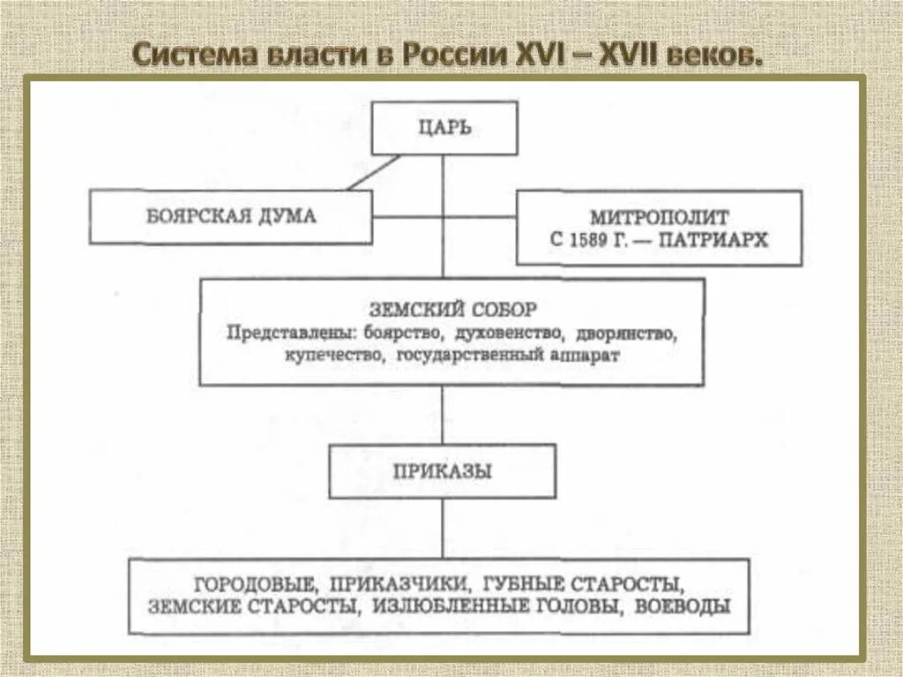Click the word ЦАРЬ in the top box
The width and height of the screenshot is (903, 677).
pos(444,129)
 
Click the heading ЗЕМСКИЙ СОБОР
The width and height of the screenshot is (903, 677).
pos(451,310)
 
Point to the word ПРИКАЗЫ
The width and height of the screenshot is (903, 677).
pos(443,471)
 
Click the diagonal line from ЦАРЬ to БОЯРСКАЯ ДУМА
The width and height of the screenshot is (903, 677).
pos(374,172)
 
